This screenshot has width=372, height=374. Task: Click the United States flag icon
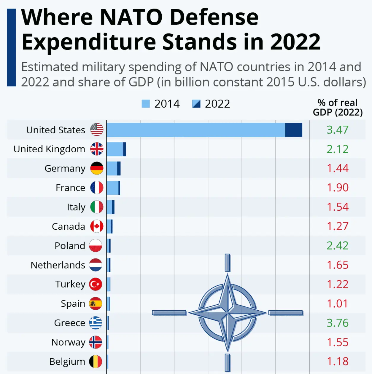coord(97,130)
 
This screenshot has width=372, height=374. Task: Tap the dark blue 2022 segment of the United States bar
coord(293,130)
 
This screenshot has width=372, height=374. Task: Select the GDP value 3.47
coord(337,130)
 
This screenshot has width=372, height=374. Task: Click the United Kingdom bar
coord(116,149)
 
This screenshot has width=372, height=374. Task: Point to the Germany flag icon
coord(97,168)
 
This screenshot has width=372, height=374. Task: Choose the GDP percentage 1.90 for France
coord(337,188)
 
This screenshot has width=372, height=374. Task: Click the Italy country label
coord(76,207)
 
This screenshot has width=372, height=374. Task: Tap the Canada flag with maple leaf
coord(97,226)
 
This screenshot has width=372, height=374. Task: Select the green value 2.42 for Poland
coord(337,246)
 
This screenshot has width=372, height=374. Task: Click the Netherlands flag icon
coord(96,265)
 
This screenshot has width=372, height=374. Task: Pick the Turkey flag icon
coord(96,284)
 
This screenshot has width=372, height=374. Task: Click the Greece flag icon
coord(96,323)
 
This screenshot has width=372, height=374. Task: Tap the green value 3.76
coord(337,323)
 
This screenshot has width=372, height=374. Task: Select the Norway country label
coord(68,342)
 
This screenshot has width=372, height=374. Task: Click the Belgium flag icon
coord(96,362)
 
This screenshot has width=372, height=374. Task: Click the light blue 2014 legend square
coord(146,104)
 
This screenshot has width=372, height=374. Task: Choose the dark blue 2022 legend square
coord(196,104)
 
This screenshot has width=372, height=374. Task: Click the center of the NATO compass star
coord(228,313)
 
